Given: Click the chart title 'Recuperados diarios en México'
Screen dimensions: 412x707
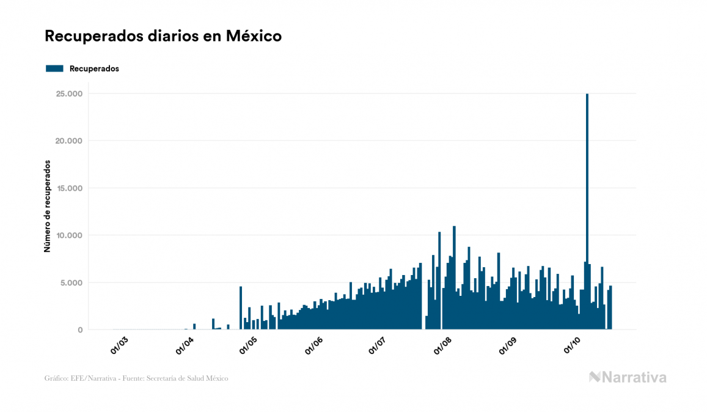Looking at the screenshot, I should [163, 36].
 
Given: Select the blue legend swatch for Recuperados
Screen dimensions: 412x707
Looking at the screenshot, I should [54, 68].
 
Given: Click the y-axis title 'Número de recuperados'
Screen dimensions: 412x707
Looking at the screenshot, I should [47, 207].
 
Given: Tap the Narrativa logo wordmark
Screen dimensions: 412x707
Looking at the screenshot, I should [628, 377].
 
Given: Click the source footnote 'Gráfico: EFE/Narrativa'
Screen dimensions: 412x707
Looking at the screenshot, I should [136, 378].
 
